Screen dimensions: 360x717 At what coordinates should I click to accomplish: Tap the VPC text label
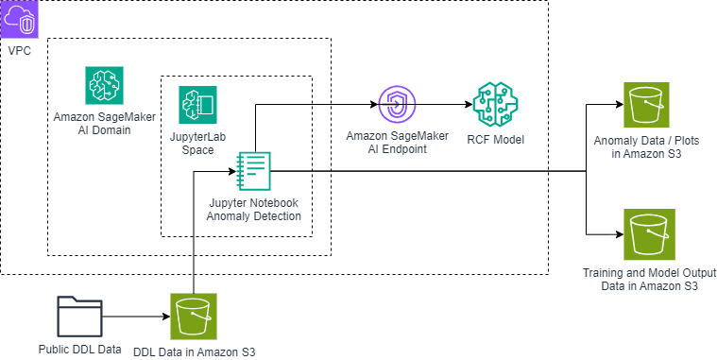(x=19, y=50)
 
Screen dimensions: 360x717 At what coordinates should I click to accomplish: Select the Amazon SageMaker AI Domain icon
(x=102, y=85)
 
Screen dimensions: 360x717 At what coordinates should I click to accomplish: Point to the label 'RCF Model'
(x=495, y=141)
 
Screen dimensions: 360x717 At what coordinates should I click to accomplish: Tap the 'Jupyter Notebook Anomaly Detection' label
(x=254, y=209)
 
